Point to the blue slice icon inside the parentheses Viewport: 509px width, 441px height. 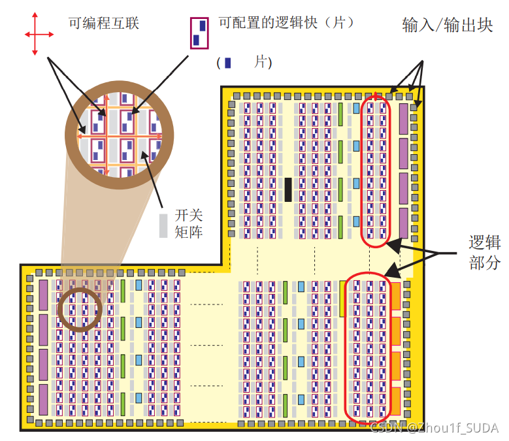pos(227,63)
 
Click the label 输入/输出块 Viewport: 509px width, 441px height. pos(448,26)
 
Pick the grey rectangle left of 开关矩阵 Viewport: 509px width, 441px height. pos(163,224)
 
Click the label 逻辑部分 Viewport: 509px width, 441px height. pos(484,252)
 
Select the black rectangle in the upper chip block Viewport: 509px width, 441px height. pos(287,189)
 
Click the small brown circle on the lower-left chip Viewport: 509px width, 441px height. pos(80,309)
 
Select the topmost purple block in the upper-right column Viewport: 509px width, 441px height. pos(403,119)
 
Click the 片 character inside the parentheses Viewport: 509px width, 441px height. pos(261,62)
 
